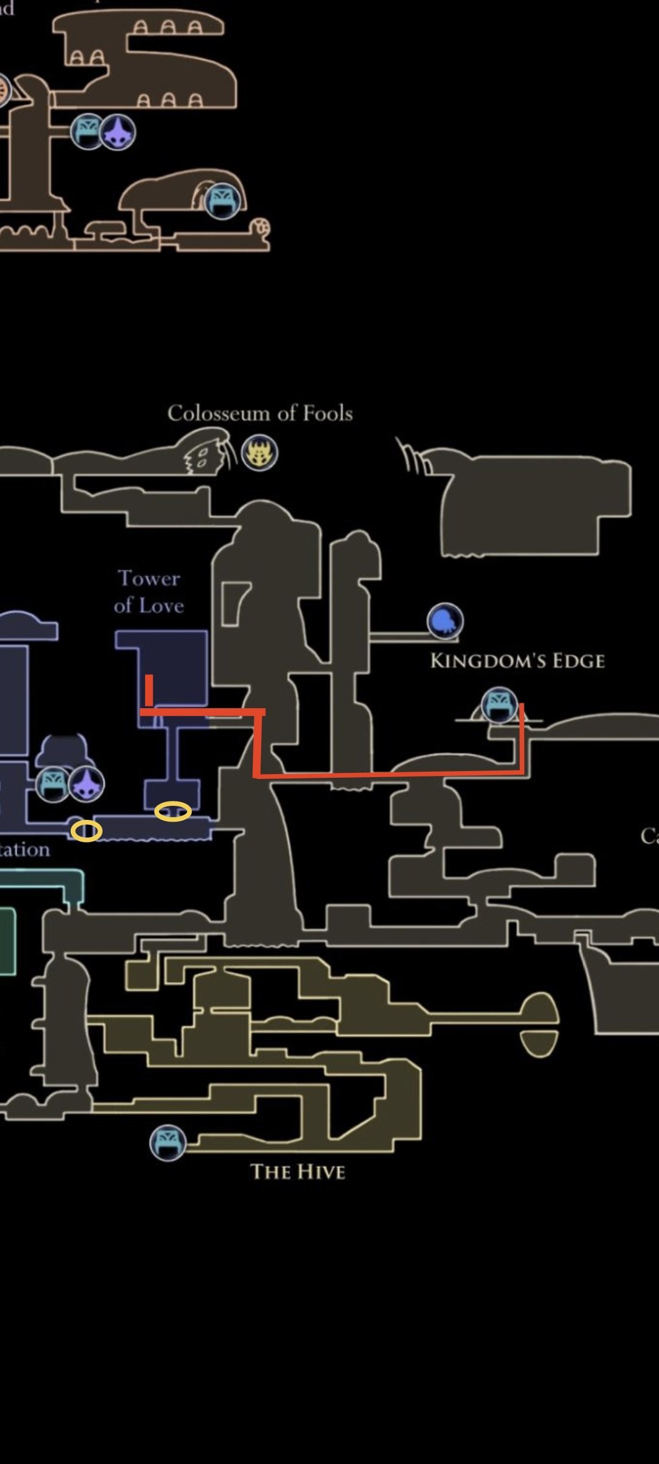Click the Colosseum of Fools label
pos(260,414)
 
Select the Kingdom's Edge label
pos(517,661)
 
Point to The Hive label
pos(298,1172)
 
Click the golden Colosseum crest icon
pos(259,453)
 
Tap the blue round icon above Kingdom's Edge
pos(445,621)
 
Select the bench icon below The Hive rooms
pos(168,1143)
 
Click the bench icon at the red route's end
pos(499,705)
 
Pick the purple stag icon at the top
pos(117,132)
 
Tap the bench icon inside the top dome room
pos(222,201)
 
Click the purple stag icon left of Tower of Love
pos(86,784)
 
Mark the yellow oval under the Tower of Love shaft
pos(173,811)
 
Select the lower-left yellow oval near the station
pos(86,831)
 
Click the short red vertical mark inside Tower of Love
pos(149,690)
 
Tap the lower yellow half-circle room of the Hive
pos(539,1042)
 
